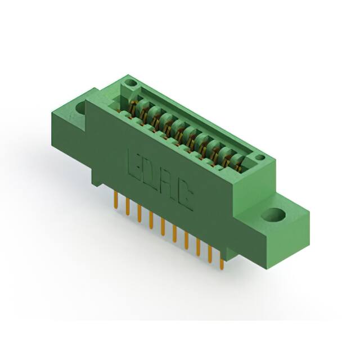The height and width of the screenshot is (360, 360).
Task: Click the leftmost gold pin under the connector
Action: pyautogui.click(x=115, y=198)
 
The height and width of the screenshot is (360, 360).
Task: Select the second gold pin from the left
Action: pyautogui.click(x=127, y=205)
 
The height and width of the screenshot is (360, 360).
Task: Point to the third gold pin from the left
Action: pyautogui.click(x=139, y=212)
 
